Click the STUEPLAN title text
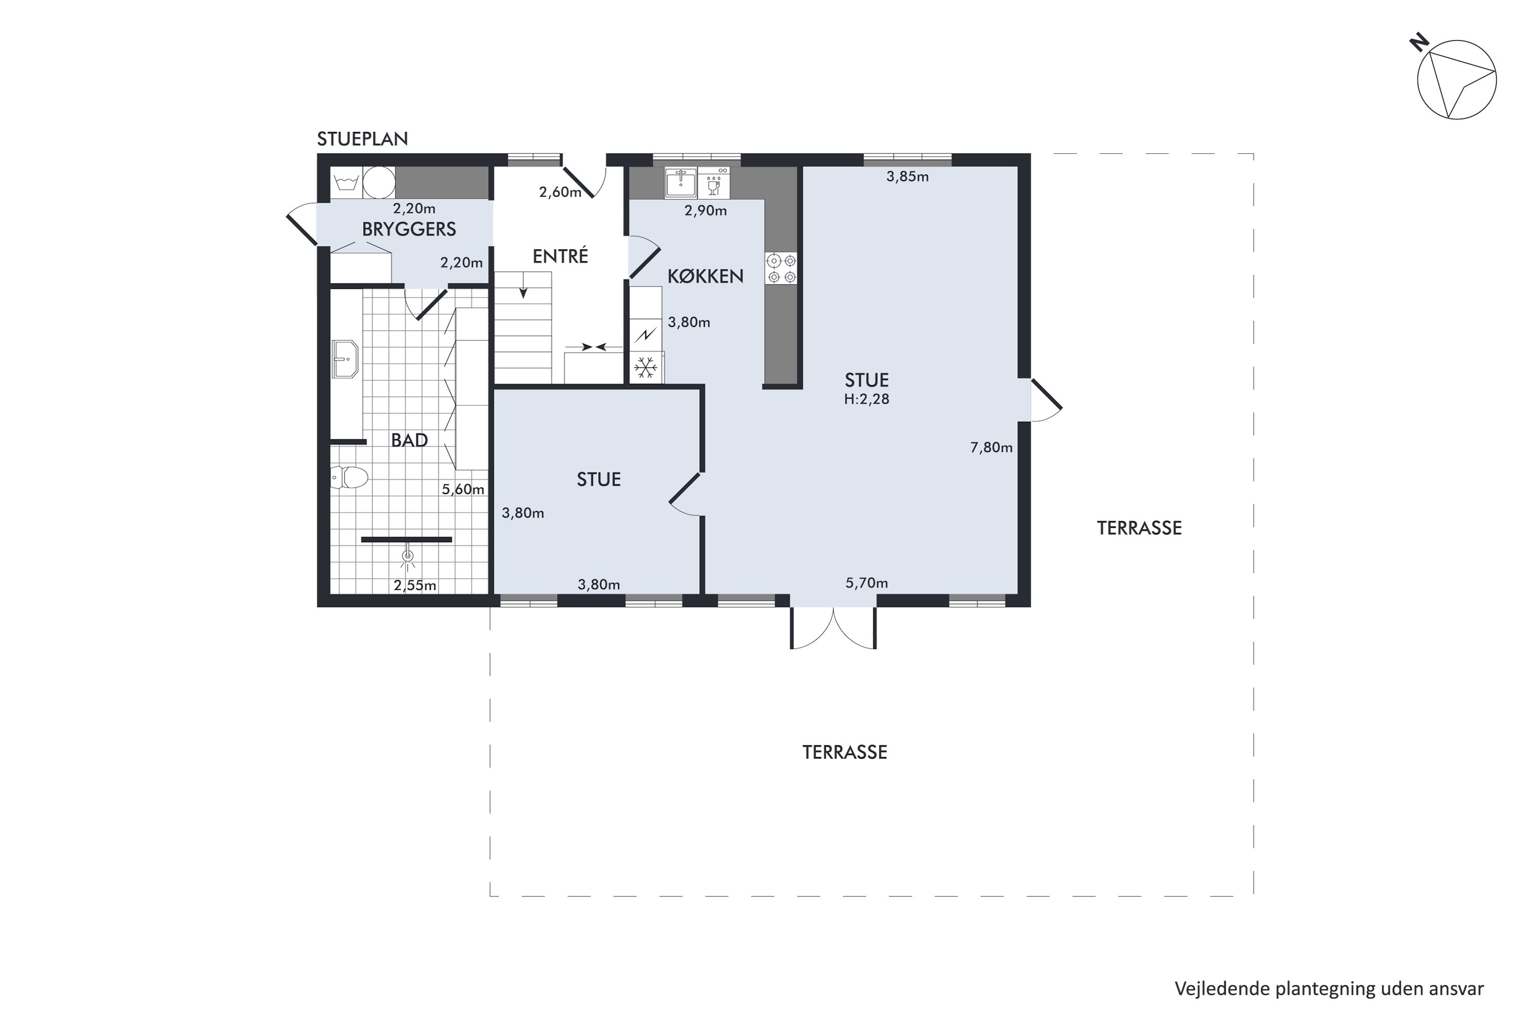[x=363, y=139]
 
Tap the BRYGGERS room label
[x=409, y=229]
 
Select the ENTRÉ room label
[x=560, y=256]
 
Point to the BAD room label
[x=409, y=440]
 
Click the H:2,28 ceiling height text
[x=866, y=399]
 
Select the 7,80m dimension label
[x=991, y=447]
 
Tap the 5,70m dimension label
[x=866, y=583]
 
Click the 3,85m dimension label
[x=907, y=176]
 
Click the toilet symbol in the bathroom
[x=348, y=477]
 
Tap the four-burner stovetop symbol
[x=781, y=268]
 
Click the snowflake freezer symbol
[x=646, y=368]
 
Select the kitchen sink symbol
[x=681, y=182]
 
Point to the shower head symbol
[x=408, y=556]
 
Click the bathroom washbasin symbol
[x=345, y=359]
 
